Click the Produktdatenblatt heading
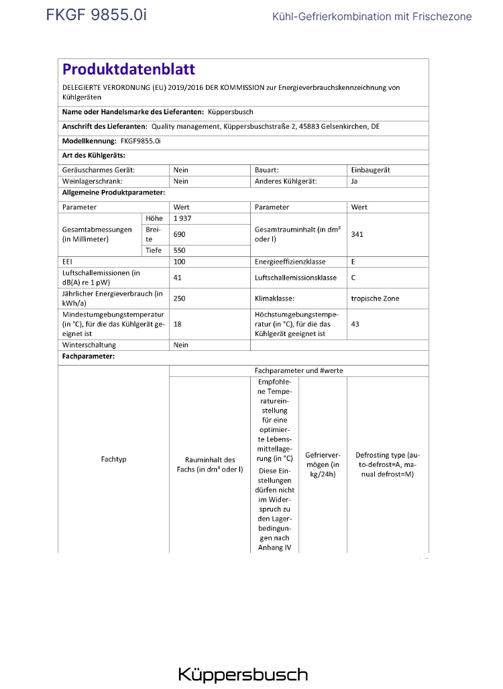(129, 69)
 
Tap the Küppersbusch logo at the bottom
(243, 674)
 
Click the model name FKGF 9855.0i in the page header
(96, 15)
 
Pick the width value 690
(179, 234)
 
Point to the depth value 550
(179, 250)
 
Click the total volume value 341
(357, 234)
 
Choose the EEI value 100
(179, 262)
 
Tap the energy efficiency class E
(353, 262)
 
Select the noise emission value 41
(178, 277)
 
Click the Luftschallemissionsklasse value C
(353, 277)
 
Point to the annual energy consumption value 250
(179, 298)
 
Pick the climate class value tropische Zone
(375, 298)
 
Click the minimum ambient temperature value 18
(178, 323)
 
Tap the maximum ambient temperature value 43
(355, 323)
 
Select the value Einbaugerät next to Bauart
(370, 170)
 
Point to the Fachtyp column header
(113, 460)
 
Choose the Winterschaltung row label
(89, 345)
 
